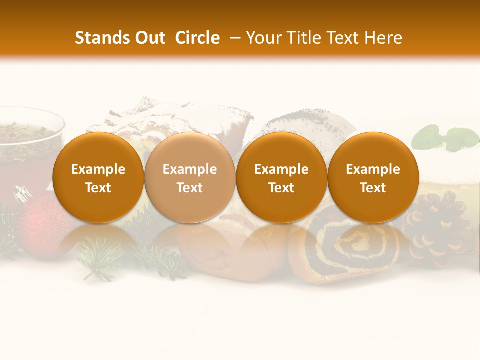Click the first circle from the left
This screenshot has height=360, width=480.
point(98,177)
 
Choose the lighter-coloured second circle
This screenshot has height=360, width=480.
point(189,177)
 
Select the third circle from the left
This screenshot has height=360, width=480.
point(281,177)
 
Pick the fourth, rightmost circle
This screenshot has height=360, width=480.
point(373,177)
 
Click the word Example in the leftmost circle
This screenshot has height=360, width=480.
point(98,169)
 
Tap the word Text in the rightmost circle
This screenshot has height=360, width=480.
point(373,188)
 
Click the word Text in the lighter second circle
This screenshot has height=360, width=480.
point(189,188)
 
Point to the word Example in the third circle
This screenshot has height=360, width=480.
point(281,169)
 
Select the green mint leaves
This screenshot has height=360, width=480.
point(447,137)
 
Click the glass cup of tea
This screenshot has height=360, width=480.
point(27,145)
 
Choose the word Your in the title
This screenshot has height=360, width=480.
point(262,38)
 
